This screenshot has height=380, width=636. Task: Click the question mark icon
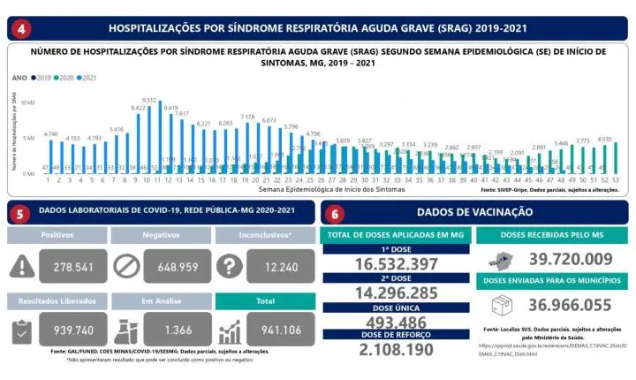click(229, 267)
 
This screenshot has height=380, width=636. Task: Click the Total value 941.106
click(271, 330)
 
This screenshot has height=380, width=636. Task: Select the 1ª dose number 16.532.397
click(397, 264)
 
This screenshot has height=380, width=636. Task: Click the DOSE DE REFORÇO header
click(397, 337)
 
